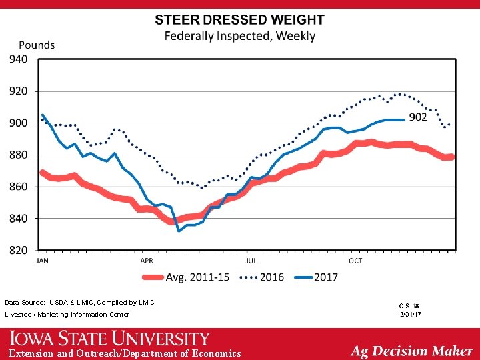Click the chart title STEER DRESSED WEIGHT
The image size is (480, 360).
tap(240, 21)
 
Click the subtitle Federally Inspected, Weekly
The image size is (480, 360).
tap(240, 36)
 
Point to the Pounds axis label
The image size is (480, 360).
tap(37, 45)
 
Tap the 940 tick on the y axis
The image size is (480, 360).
tap(18, 59)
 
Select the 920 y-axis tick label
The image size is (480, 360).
tap(18, 91)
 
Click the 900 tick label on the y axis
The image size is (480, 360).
tap(18, 123)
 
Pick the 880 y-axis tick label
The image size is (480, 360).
tap(18, 155)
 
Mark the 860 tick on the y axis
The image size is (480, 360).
tap(18, 187)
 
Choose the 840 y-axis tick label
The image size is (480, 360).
tap(18, 219)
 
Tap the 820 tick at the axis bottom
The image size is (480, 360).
tap(18, 250)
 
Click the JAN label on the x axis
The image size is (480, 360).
tap(42, 261)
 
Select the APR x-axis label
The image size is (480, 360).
tap(146, 261)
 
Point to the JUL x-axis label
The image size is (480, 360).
tap(251, 261)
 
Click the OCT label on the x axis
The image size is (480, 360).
tap(355, 261)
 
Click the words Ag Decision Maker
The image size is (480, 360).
tap(411, 351)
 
